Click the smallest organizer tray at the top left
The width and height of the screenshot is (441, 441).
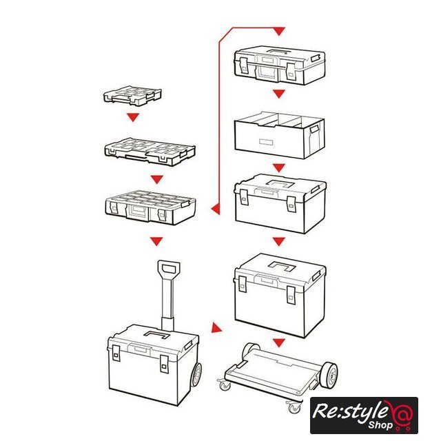click(x=132, y=96)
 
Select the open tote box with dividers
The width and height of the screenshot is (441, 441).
click(x=279, y=135)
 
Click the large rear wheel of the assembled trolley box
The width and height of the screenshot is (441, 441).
click(x=196, y=375)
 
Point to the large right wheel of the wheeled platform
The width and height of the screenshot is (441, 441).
click(x=329, y=376)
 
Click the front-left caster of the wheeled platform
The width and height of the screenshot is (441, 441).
click(x=225, y=384)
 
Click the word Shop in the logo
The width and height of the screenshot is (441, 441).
click(x=380, y=424)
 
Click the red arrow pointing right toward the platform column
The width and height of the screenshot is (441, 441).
click(x=216, y=328)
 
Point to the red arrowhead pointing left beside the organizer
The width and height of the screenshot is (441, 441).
click(x=216, y=209)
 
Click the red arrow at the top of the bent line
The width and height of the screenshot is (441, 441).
click(x=279, y=31)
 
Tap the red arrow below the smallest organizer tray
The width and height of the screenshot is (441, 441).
click(x=133, y=117)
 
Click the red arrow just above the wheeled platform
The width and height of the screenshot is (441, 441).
click(x=278, y=343)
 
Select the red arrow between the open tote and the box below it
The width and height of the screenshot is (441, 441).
click(x=278, y=168)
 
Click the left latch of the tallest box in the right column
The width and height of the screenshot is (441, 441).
click(x=242, y=284)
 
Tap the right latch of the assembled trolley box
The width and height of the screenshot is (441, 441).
click(x=164, y=365)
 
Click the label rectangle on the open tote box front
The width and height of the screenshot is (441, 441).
click(x=266, y=142)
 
